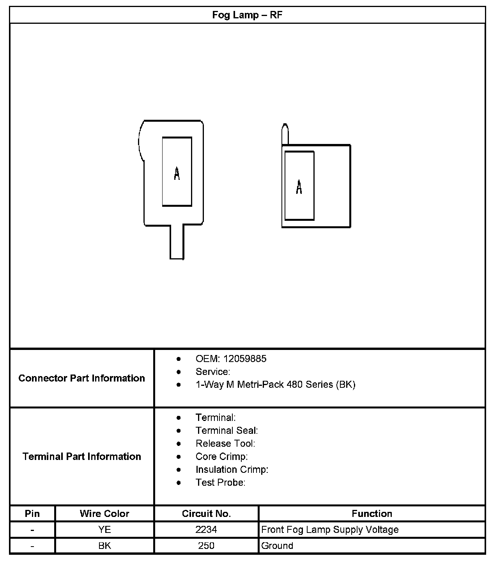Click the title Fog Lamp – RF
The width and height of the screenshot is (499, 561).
click(247, 15)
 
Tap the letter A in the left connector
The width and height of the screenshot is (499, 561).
click(177, 174)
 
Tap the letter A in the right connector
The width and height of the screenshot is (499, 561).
click(299, 187)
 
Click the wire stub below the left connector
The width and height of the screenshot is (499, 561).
click(177, 242)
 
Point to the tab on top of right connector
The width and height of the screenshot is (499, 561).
click(285, 134)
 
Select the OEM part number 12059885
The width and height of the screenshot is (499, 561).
click(245, 359)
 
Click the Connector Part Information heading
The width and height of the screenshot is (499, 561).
click(81, 378)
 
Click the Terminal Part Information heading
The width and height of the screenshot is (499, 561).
click(81, 456)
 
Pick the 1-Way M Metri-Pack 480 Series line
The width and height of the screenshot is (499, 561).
click(275, 385)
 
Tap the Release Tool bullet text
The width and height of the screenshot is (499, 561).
click(225, 444)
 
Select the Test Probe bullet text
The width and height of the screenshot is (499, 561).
click(220, 483)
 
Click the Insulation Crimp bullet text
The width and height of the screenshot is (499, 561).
click(232, 470)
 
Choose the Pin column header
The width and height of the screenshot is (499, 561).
click(32, 513)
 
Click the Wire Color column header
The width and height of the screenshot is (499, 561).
click(104, 513)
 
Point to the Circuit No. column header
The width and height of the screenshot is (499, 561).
click(206, 513)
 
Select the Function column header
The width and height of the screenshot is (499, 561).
click(372, 513)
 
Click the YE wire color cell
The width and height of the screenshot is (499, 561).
click(104, 529)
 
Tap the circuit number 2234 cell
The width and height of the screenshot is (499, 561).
click(206, 529)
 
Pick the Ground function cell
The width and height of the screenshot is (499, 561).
click(277, 545)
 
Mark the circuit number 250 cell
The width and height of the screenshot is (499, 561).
click(206, 545)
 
